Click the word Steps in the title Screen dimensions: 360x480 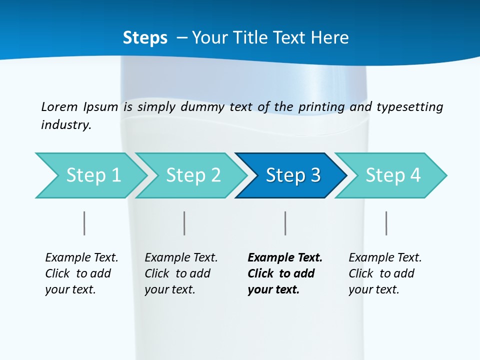click(145, 37)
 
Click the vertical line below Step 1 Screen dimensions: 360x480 click(84, 223)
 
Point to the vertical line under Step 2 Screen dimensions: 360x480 click(184, 223)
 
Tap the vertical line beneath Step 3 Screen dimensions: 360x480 click(285, 223)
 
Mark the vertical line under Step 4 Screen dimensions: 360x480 click(386, 223)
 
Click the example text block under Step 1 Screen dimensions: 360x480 click(81, 273)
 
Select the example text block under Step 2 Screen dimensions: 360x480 click(181, 273)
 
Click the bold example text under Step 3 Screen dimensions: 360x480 click(285, 273)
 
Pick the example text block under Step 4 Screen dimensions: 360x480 click(385, 273)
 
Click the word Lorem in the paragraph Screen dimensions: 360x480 click(59, 106)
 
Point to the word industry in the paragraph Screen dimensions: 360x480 click(66, 124)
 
